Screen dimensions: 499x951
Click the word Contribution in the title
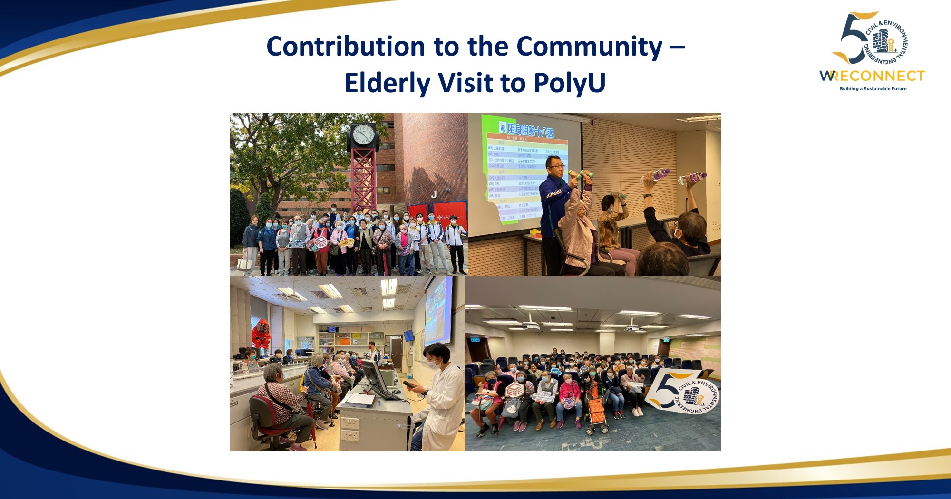coord(346,47)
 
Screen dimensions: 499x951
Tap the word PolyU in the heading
coord(569,83)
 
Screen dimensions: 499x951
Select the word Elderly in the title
coord(387,83)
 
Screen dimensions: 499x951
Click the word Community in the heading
coord(589,47)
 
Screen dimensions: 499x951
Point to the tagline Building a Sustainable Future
coord(873,89)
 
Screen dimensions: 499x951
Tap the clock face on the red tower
coord(364,135)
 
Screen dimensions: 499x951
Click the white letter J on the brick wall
coord(434,194)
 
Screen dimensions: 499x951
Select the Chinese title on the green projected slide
coord(530,129)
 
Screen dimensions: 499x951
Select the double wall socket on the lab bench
coord(349,428)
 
